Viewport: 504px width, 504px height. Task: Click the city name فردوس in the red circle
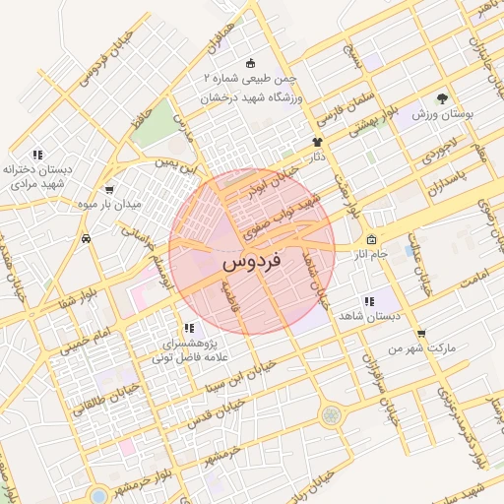pyautogui.click(x=251, y=263)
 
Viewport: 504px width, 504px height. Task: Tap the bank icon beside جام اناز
pyautogui.click(x=371, y=241)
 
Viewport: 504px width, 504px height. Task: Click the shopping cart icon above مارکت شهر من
pyautogui.click(x=421, y=334)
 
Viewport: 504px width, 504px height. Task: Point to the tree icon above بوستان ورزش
pyautogui.click(x=442, y=98)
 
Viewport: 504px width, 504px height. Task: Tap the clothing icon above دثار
pyautogui.click(x=317, y=142)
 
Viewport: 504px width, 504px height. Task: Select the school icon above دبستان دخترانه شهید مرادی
pyautogui.click(x=37, y=155)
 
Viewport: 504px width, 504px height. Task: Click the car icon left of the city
pyautogui.click(x=88, y=237)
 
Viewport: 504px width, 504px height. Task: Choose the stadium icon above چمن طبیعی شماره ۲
pyautogui.click(x=249, y=62)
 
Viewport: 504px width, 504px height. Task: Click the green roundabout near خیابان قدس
pyautogui.click(x=331, y=414)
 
